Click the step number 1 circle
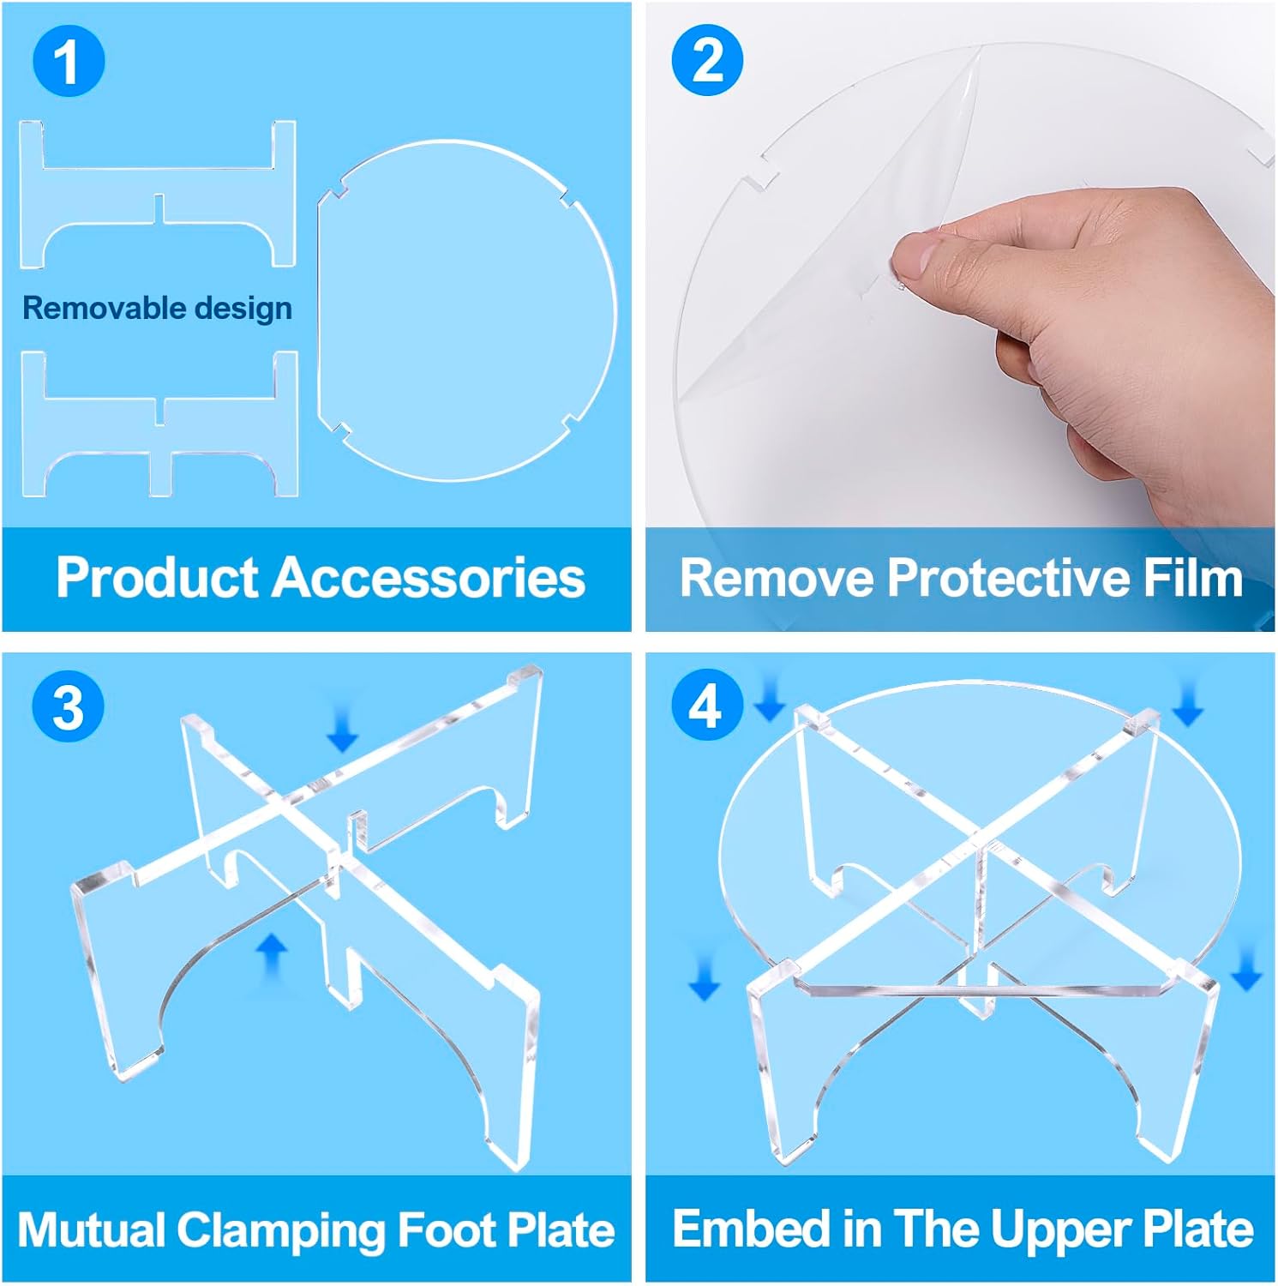pyautogui.click(x=69, y=62)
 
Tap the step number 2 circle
pyautogui.click(x=707, y=60)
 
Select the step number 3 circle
pyautogui.click(x=69, y=707)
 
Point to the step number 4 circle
pyautogui.click(x=705, y=707)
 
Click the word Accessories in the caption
pyautogui.click(x=429, y=577)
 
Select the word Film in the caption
pyautogui.click(x=1193, y=577)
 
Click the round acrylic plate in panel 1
pyautogui.click(x=467, y=310)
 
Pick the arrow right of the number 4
pyautogui.click(x=769, y=697)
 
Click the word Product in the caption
pyautogui.click(x=158, y=577)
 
